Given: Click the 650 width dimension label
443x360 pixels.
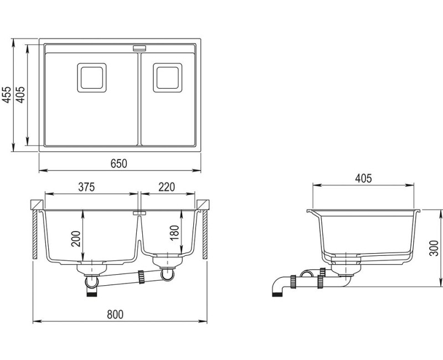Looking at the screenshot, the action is click(119, 163).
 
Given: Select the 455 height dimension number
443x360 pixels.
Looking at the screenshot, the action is click(7, 95).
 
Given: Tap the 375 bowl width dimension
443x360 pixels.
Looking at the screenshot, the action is click(86, 187).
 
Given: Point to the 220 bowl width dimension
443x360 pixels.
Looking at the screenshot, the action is click(167, 187).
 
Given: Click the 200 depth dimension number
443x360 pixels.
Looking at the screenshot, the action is click(76, 239).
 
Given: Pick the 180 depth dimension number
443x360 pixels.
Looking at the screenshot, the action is click(174, 233).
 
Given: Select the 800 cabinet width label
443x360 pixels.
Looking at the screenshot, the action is click(115, 314).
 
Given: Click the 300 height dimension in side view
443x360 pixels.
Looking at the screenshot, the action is click(434, 248).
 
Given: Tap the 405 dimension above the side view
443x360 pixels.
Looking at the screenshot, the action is click(364, 178).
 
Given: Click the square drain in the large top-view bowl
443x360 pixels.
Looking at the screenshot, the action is click(92, 78).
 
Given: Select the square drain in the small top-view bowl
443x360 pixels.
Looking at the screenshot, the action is click(168, 78).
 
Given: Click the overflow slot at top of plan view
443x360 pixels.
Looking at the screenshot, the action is click(140, 48).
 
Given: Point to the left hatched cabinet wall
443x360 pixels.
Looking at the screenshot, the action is click(35, 234).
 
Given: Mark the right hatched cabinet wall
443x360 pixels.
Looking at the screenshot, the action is click(205, 234).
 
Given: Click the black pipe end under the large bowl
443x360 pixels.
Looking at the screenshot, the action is click(92, 294).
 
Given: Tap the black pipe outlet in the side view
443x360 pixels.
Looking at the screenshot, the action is click(277, 294).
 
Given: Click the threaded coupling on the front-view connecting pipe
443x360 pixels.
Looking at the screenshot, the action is click(141, 277).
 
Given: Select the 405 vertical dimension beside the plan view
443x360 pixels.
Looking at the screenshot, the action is click(21, 95).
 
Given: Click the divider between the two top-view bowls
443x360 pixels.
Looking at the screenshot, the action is click(140, 99).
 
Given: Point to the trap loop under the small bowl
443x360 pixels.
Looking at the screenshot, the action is click(168, 275).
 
